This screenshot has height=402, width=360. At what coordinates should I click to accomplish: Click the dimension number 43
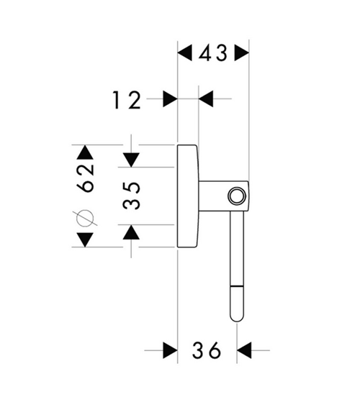pos(213,53)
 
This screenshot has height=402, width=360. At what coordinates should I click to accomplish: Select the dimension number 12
pos(127,100)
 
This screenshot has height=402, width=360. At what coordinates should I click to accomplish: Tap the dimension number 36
pos(207,350)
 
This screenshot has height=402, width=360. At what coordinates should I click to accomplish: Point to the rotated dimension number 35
pos(132,196)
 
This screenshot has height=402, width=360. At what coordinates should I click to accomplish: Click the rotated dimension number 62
pos(85,178)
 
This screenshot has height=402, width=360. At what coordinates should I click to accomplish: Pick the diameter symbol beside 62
pos(85,218)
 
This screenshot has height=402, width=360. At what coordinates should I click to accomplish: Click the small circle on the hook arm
pos(236,196)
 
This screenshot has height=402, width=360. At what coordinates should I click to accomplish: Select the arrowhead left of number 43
pos(185,53)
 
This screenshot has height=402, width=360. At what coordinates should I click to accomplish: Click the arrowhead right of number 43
pos(242,53)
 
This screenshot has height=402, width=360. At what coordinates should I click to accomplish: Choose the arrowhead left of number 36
pos(171,350)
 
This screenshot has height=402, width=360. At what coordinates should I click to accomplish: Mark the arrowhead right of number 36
pos(244,350)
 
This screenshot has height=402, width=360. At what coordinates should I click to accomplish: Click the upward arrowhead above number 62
pos(85,152)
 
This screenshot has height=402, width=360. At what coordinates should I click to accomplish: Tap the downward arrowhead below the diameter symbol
pos(85,240)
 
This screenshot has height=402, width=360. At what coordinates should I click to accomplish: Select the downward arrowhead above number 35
pos(131,160)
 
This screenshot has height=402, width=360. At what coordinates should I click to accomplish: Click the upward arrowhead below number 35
pos(131,232)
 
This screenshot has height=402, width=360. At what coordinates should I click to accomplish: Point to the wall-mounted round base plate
pos(188,196)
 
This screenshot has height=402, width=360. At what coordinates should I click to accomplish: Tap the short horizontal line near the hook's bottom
pos(237,285)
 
